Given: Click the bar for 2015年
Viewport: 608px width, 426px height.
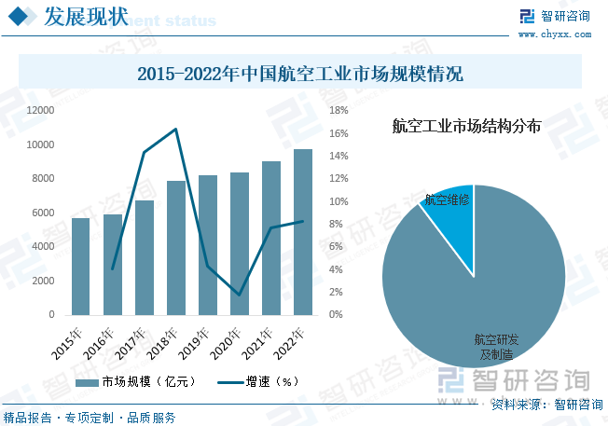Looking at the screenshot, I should [81, 267].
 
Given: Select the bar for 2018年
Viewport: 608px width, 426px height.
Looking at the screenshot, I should [176, 248].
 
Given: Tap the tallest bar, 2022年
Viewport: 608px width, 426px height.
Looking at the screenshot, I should [303, 232].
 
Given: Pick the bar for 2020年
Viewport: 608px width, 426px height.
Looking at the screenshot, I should [240, 243].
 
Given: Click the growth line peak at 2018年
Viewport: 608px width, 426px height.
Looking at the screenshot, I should [176, 129].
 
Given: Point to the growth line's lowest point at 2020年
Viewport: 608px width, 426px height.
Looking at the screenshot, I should [240, 295].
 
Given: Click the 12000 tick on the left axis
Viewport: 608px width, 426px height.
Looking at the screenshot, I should [40, 110].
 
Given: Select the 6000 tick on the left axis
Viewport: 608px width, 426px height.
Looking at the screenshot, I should [43, 213].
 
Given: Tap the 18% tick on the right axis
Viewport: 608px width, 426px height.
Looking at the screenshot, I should [339, 110].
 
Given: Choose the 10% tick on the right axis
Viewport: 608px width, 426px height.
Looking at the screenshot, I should [339, 201].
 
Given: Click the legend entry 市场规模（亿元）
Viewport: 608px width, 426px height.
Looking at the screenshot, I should [136, 381].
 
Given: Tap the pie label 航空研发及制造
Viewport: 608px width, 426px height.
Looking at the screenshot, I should [491, 347].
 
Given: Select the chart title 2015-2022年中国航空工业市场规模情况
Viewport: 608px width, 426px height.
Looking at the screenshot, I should [299, 73].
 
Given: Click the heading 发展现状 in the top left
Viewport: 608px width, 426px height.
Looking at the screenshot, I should [86, 17].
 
